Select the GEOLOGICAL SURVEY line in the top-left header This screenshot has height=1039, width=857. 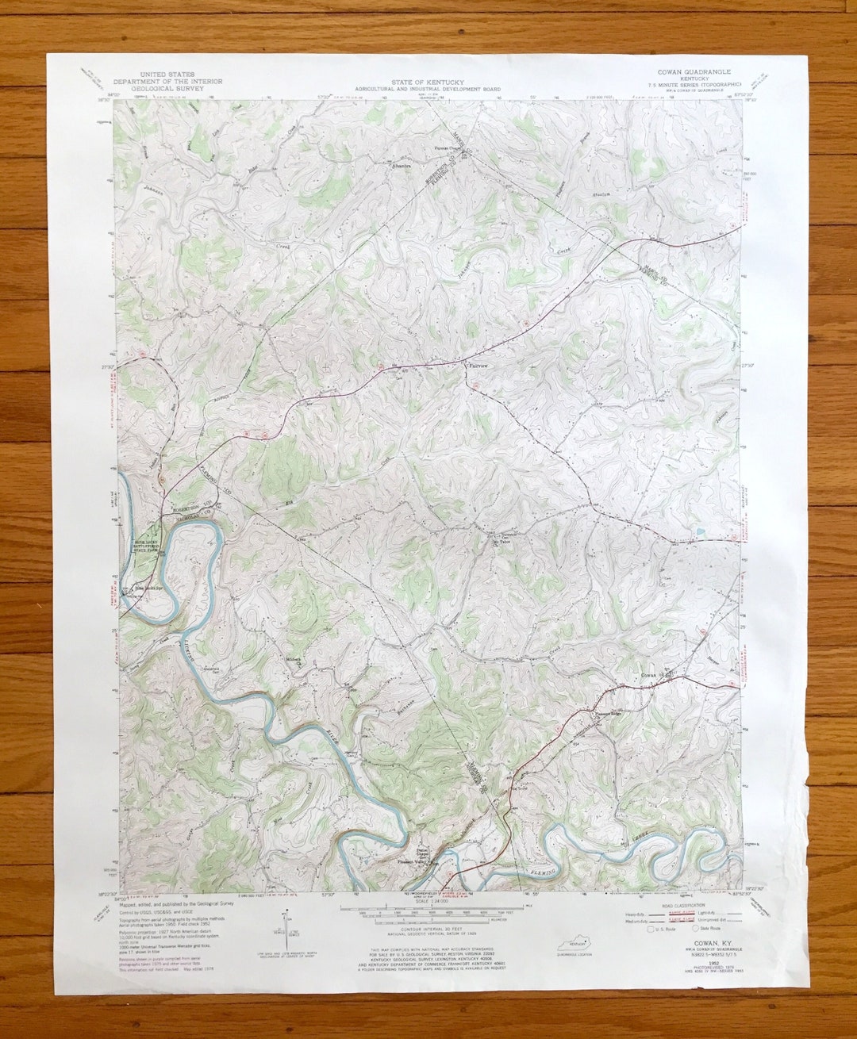coord(167,88)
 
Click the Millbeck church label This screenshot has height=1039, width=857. coord(294,659)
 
